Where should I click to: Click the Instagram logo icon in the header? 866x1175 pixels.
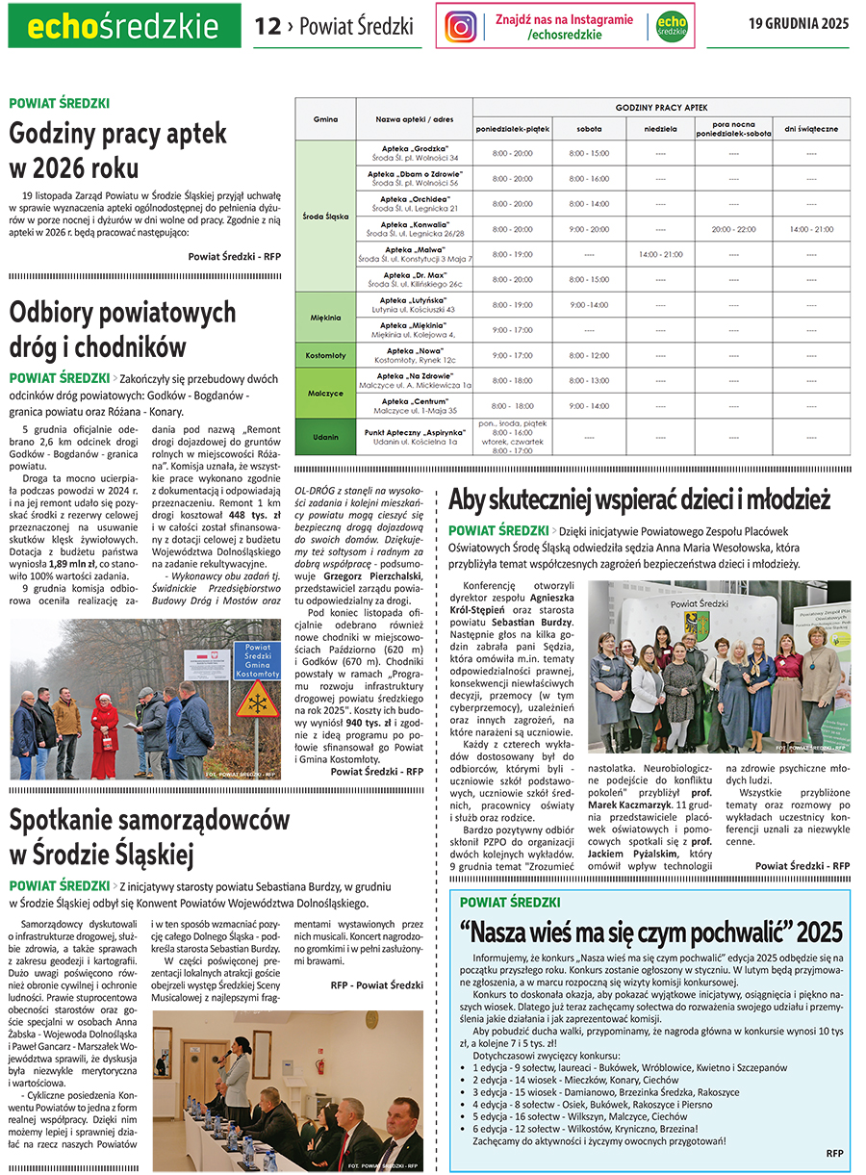tap(461, 27)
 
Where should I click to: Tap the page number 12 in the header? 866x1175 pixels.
tap(267, 27)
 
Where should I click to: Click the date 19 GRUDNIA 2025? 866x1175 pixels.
tap(799, 24)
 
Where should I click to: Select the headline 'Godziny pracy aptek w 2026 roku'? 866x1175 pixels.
tap(118, 150)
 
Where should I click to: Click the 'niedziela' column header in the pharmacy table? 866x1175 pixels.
tap(660, 128)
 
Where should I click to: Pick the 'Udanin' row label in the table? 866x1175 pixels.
tap(325, 436)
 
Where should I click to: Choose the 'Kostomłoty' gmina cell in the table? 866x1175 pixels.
tap(325, 355)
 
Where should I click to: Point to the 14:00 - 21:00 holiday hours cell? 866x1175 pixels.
tap(811, 229)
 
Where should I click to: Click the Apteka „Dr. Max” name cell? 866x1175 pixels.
tap(415, 279)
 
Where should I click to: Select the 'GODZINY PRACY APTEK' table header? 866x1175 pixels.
tap(661, 108)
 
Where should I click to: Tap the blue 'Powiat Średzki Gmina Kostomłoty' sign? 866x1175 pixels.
tap(258, 660)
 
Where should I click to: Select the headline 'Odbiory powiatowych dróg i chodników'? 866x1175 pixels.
tap(122, 329)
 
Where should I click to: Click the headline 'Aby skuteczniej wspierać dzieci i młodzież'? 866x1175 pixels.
tap(639, 500)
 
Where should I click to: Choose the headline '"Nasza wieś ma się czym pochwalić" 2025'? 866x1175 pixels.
tap(650, 932)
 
